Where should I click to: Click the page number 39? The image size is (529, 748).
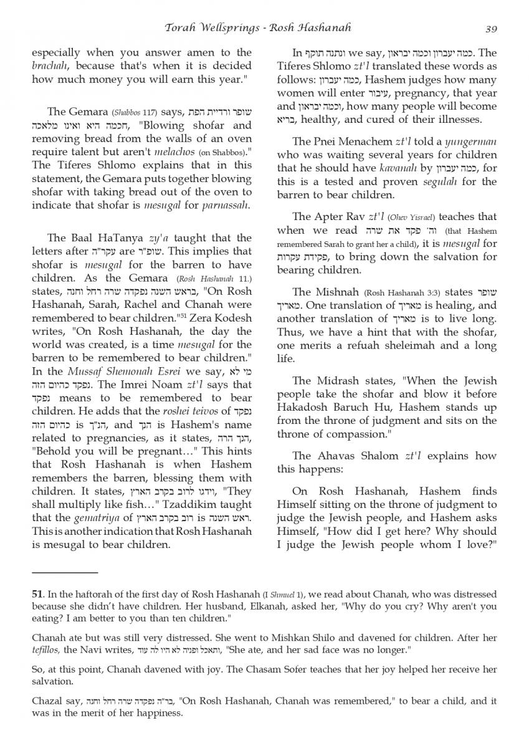490,28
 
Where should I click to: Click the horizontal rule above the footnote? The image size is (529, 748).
65,571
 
